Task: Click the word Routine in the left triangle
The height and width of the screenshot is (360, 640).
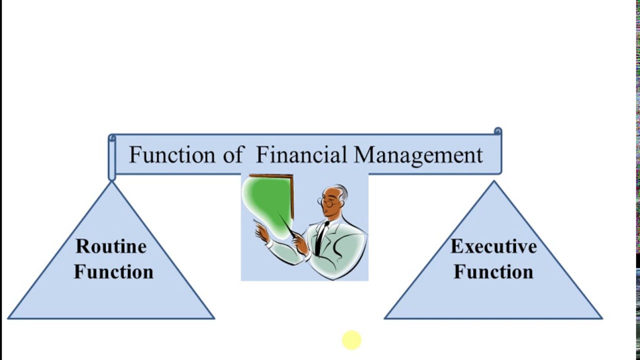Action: [111, 246]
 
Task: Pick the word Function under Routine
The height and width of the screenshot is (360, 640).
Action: [114, 272]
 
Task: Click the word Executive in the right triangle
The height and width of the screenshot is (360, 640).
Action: [493, 246]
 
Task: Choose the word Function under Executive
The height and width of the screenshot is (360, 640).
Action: [493, 272]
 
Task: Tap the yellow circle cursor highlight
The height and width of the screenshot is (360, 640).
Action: [351, 340]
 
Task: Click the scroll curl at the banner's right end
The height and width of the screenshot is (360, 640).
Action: [497, 132]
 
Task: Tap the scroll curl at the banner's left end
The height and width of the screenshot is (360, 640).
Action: [112, 138]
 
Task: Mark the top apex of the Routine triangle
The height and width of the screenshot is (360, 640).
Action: [111, 183]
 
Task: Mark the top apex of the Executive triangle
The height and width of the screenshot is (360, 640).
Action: [494, 182]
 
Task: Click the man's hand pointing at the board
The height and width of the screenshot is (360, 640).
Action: [261, 231]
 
